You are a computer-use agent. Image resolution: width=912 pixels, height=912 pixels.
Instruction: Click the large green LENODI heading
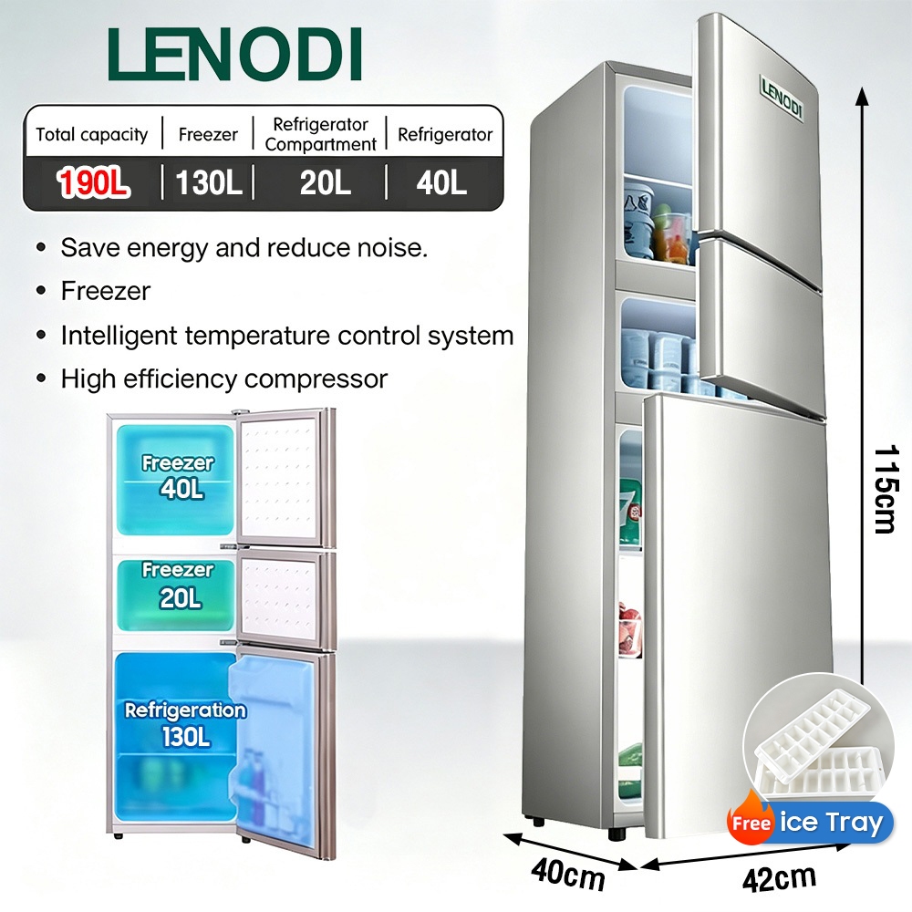pyautogui.click(x=235, y=54)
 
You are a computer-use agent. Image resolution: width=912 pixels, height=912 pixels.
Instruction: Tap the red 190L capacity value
pyautogui.click(x=93, y=182)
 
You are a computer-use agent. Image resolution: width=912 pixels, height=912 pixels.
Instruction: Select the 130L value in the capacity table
pyautogui.click(x=208, y=182)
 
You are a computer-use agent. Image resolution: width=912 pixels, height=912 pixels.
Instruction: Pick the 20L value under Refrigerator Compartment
pyautogui.click(x=326, y=182)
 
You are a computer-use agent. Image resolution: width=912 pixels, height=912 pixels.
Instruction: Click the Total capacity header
pyautogui.click(x=92, y=135)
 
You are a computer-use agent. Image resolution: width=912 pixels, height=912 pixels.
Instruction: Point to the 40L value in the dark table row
pyautogui.click(x=441, y=182)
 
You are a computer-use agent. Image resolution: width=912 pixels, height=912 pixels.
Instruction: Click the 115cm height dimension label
pyautogui.click(x=886, y=490)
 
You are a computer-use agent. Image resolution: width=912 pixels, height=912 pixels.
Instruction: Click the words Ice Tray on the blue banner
pyautogui.click(x=831, y=823)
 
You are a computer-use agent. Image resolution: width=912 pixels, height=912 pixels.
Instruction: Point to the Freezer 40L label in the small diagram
pyautogui.click(x=179, y=476)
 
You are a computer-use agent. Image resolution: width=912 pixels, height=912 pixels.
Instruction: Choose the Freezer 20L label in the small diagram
pyautogui.click(x=179, y=585)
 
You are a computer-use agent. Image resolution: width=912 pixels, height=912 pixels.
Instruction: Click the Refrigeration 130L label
pyautogui.click(x=185, y=724)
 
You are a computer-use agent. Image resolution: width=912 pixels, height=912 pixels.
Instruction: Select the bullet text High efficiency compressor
pyautogui.click(x=224, y=379)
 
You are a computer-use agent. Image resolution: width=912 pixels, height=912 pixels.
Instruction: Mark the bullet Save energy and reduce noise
pyautogui.click(x=244, y=248)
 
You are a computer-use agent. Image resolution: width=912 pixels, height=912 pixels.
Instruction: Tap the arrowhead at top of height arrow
pyautogui.click(x=863, y=96)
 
